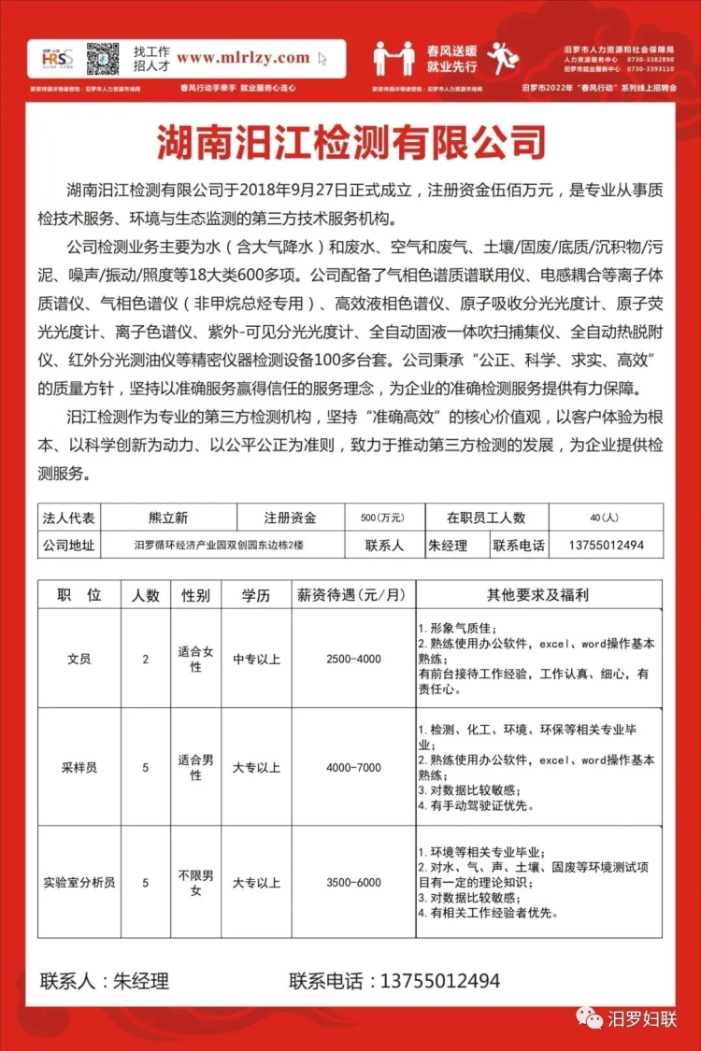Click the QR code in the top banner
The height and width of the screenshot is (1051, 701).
click(x=103, y=59)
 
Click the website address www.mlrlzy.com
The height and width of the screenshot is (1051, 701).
click(x=242, y=57)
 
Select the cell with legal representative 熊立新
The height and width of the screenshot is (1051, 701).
click(x=168, y=518)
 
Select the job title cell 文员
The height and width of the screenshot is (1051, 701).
click(x=79, y=659)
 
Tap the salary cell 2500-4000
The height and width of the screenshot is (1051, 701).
click(x=353, y=659)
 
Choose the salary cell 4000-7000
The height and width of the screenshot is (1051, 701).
click(x=353, y=767)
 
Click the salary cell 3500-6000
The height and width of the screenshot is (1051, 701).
click(x=353, y=882)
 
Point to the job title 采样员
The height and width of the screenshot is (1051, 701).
click(x=79, y=767)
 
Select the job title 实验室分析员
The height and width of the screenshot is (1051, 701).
click(x=79, y=882)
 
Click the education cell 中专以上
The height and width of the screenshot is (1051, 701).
click(x=257, y=659)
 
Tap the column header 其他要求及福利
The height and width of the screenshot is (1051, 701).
click(x=537, y=594)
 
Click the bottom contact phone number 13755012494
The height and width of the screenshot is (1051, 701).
click(x=439, y=981)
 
